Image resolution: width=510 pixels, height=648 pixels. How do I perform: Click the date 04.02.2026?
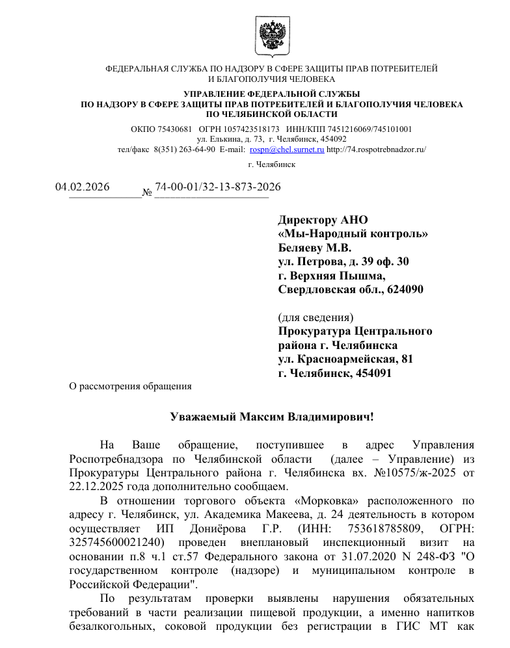[x=82, y=187]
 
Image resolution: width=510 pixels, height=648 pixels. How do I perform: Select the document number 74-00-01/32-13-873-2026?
[x=218, y=187]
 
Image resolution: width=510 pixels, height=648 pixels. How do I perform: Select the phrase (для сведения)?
[x=315, y=317]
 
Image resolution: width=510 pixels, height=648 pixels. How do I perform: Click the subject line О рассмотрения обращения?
[x=131, y=386]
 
